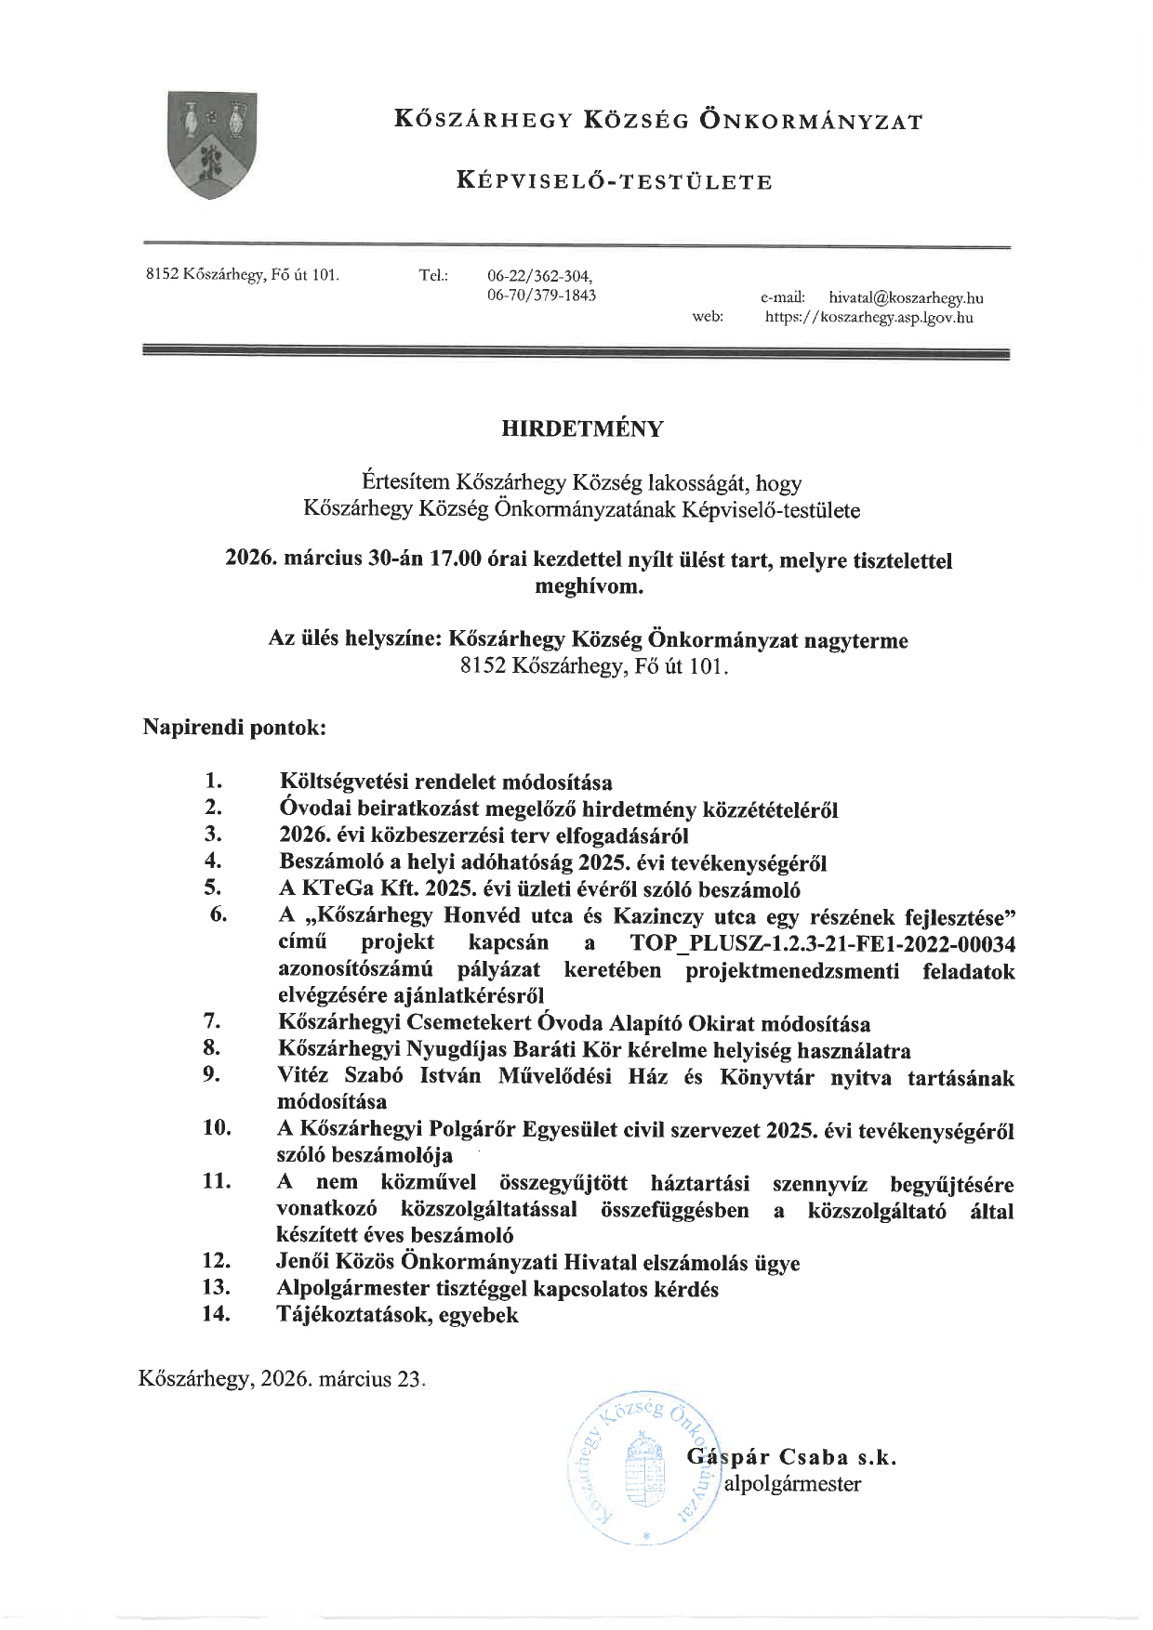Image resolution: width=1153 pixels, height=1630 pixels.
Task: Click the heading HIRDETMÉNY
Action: (x=583, y=428)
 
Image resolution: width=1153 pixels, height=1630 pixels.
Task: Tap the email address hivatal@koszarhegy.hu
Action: (x=906, y=298)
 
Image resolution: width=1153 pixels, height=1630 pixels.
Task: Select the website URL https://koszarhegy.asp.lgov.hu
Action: (x=868, y=318)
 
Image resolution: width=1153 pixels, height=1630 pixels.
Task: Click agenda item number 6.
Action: (x=219, y=914)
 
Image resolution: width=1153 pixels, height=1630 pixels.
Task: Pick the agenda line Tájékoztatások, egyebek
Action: (x=398, y=1314)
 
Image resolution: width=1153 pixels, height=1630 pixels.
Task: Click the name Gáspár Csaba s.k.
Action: (x=791, y=1457)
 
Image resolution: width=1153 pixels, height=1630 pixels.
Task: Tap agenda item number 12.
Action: (x=217, y=1261)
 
